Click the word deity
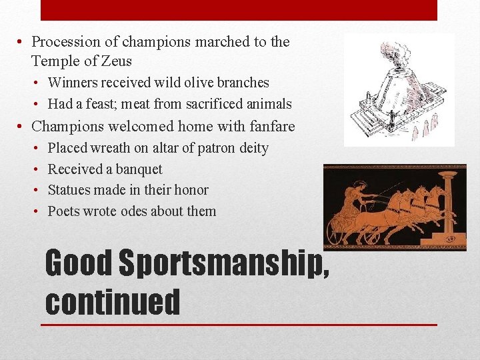(x=251, y=148)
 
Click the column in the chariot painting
(x=449, y=203)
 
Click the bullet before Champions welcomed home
(x=21, y=126)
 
